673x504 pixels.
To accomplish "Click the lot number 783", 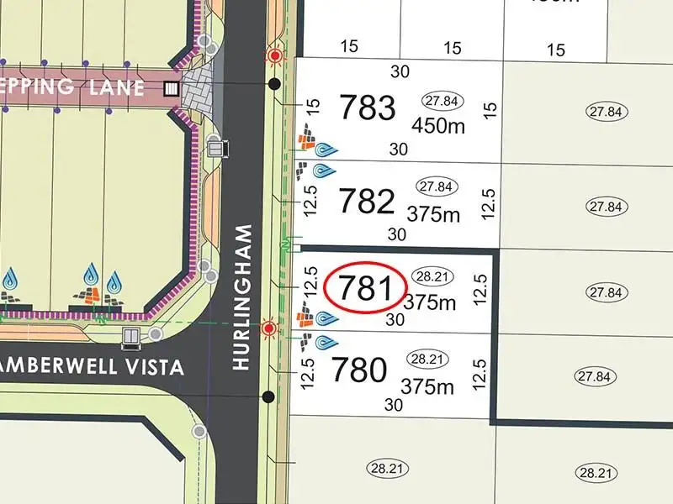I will click(x=366, y=108).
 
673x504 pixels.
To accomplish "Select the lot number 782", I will click(x=366, y=202).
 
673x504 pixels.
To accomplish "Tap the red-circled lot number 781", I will click(x=366, y=288).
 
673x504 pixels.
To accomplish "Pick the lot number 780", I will click(x=360, y=370).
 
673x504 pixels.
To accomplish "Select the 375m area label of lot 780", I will click(x=427, y=386).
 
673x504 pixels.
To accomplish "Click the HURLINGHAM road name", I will click(x=243, y=297).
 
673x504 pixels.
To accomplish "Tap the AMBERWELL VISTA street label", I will click(x=93, y=367).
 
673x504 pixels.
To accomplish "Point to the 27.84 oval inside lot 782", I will click(x=435, y=186).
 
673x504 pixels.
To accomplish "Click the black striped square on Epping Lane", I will click(x=172, y=88).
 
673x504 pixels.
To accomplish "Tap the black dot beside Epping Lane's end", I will click(x=274, y=84).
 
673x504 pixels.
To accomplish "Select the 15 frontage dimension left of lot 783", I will click(x=313, y=107).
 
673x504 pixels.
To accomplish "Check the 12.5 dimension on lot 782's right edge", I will click(x=490, y=202).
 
